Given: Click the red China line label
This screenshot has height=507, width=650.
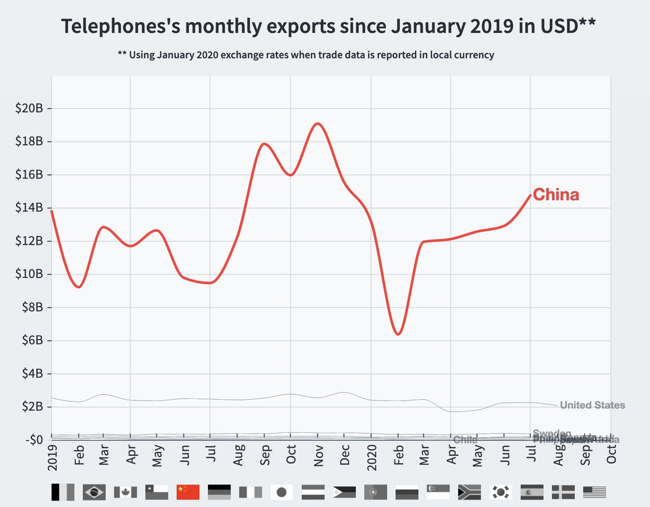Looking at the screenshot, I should (x=556, y=195).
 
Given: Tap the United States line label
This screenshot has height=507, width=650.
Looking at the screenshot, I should (x=592, y=405).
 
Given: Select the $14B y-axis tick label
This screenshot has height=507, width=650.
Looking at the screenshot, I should (x=28, y=208).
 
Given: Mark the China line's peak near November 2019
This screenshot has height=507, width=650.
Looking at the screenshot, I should (x=318, y=123).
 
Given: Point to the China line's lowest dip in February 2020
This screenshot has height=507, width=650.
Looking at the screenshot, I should (x=398, y=334).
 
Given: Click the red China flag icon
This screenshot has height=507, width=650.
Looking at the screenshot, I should (x=187, y=492).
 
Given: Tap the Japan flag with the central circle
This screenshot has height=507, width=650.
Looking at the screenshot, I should (x=282, y=492).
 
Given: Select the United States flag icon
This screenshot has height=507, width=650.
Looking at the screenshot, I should (x=594, y=492).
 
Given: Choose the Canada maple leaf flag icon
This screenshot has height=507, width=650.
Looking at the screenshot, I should (x=125, y=492).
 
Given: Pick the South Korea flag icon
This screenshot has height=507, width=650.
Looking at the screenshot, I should (x=500, y=492).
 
